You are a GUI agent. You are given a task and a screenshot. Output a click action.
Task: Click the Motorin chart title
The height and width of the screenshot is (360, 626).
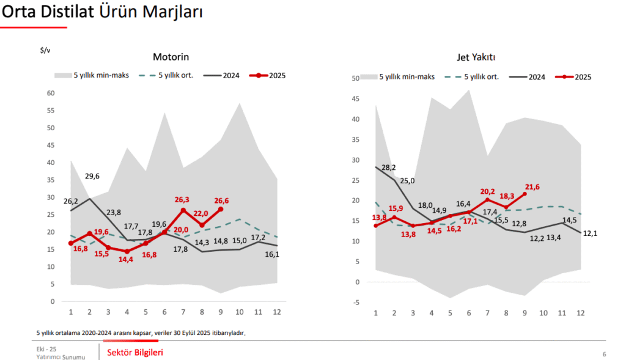coord(171,57)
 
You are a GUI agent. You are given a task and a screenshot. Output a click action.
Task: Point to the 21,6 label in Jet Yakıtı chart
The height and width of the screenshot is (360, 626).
coord(532,187)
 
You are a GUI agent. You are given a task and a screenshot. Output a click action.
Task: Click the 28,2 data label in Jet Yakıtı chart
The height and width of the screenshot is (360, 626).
coord(388,167)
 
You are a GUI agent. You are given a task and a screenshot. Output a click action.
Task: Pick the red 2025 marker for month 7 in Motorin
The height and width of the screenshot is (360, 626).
coord(183,210)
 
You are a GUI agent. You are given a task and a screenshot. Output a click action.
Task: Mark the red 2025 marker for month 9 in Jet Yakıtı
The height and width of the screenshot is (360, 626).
coord(525,194)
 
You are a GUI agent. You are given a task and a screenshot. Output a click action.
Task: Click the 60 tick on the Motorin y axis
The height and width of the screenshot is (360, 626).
coord(51,94)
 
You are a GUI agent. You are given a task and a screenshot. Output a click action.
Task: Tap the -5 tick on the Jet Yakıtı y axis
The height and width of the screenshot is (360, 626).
coord(355,302)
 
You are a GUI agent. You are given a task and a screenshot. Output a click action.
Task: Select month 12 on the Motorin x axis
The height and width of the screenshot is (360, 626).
coord(277,312)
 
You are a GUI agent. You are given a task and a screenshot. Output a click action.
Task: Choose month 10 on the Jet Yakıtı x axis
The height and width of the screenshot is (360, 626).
coord(543,312)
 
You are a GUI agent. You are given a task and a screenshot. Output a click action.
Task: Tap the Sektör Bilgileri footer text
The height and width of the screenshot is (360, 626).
coord(135,352)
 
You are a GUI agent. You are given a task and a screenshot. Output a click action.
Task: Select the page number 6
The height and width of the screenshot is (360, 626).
coord(604,354)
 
